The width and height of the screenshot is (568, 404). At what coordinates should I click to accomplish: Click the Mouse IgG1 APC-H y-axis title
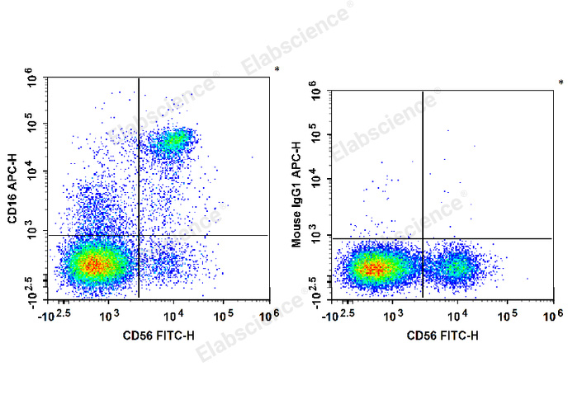click(296, 195)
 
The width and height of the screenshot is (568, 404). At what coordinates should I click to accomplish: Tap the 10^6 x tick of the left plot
click(267, 313)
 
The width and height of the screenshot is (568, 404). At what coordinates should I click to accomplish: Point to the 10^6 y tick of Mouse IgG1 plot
click(314, 89)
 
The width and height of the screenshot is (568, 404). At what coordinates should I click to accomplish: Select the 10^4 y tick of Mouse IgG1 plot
click(314, 179)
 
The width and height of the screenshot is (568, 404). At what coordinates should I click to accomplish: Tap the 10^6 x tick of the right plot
click(551, 314)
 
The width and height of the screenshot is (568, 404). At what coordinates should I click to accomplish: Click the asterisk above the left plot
click(277, 70)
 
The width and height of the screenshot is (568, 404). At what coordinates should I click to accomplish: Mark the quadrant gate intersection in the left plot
click(139, 236)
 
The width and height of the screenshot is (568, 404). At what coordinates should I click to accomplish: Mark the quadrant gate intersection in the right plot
click(423, 238)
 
